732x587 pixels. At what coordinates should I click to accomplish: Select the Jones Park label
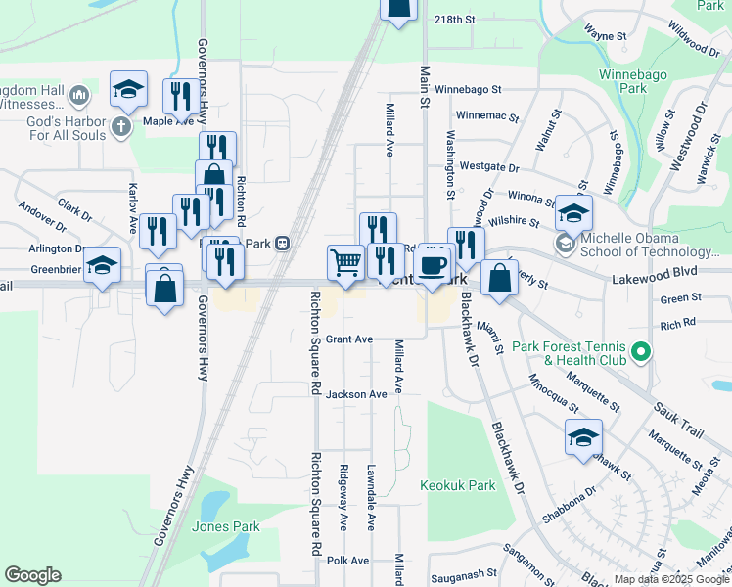pos(226,526)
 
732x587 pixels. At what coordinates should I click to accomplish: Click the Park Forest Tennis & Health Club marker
pos(640,350)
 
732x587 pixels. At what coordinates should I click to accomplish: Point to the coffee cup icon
pos(433,263)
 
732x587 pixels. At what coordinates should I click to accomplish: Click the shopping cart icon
pos(345,262)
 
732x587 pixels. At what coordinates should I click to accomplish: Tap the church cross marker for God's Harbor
pos(121,126)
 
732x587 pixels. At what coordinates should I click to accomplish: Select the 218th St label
pos(454,20)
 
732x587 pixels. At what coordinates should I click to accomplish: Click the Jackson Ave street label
pos(356,394)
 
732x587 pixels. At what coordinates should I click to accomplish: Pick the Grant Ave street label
pos(349,339)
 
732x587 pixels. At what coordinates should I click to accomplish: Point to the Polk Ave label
pos(347,561)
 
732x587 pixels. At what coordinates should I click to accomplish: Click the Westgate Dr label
pos(487,166)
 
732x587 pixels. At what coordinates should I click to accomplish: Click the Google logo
pos(33,574)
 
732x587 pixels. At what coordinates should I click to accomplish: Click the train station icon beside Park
pos(282,243)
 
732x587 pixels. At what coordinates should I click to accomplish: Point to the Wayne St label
pos(605,36)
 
